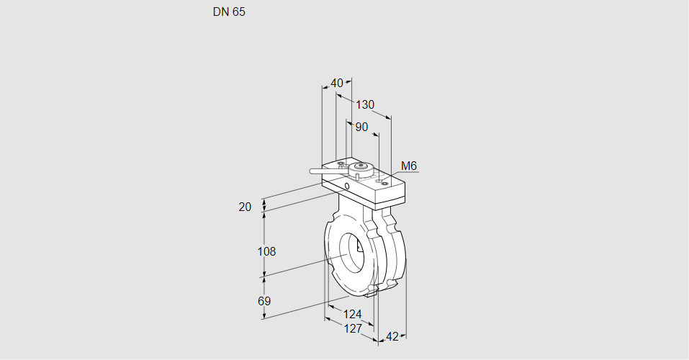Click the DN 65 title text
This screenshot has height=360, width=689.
(x=229, y=12)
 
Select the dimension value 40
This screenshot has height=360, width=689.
(x=337, y=83)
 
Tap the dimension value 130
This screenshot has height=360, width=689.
(x=365, y=104)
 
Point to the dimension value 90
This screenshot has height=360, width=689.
(x=361, y=127)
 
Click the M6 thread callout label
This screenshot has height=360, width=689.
(x=409, y=166)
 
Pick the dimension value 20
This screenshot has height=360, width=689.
(x=245, y=207)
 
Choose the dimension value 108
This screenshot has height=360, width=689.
(x=266, y=251)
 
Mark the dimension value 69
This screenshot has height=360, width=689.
(x=264, y=301)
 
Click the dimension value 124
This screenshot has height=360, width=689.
(x=352, y=315)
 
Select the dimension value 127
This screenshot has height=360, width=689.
(x=353, y=328)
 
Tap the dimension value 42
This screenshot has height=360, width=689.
(x=392, y=337)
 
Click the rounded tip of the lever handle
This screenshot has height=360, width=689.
(x=312, y=171)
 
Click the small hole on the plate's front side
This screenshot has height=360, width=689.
(x=347, y=186)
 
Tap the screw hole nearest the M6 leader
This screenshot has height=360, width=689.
(x=385, y=184)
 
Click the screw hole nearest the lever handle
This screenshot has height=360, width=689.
(x=341, y=163)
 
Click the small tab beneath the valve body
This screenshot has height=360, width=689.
(x=371, y=291)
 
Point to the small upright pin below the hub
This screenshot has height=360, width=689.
(x=358, y=176)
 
